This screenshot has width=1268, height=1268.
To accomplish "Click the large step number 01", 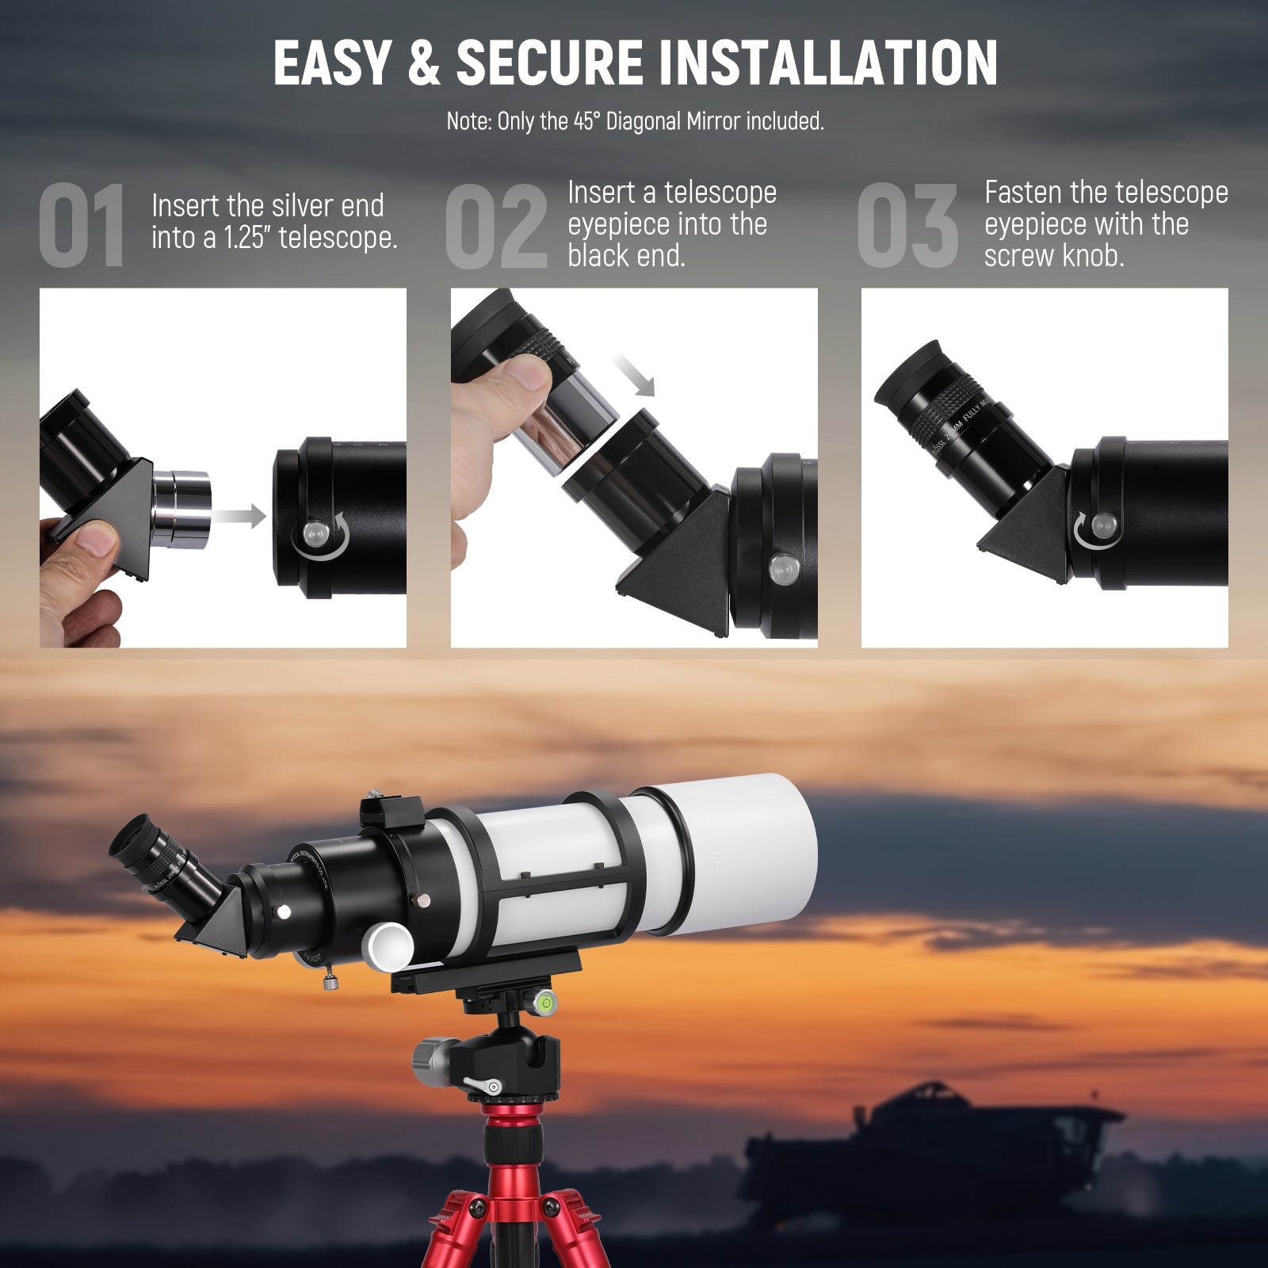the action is [x=82, y=226].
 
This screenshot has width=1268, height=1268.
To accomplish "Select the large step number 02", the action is [x=496, y=226].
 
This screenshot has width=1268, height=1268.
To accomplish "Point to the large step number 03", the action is [x=908, y=226].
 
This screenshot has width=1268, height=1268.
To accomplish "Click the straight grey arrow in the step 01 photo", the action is [x=239, y=516].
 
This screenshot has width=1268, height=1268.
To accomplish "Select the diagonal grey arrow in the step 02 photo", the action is [x=634, y=375].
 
